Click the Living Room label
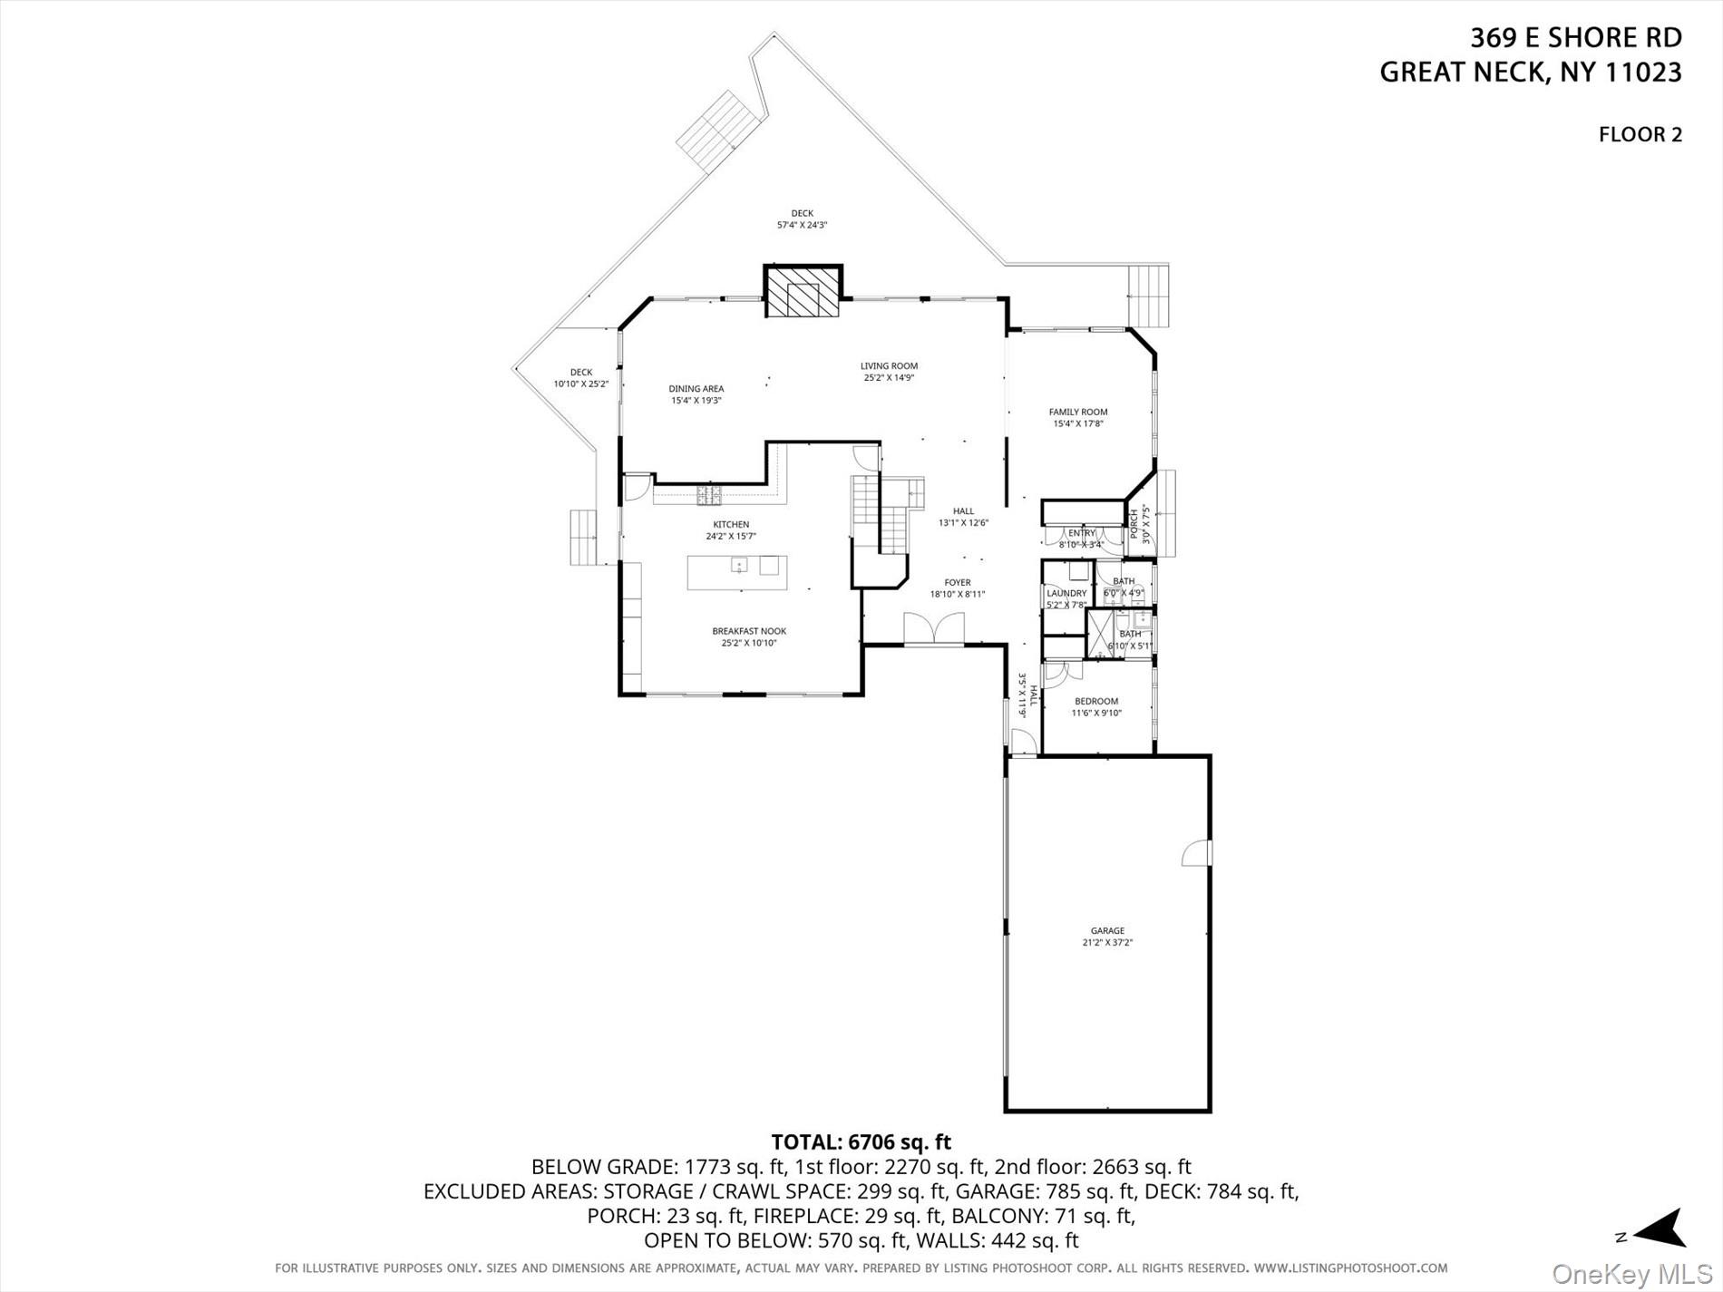point(889,366)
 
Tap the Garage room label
point(1107,930)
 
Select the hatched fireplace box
point(803,292)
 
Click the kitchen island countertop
point(736,572)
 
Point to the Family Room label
point(1078,412)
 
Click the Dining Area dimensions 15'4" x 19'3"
point(696,400)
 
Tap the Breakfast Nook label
point(749,631)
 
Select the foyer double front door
point(934,629)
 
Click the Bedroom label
point(1096,701)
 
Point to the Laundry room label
point(1066,593)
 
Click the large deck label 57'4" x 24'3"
point(802,225)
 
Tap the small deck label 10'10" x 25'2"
point(580,384)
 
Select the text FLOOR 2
point(1640,135)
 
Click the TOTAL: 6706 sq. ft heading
point(861,1141)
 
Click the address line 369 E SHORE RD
point(1575,38)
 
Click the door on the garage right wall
point(1197,853)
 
